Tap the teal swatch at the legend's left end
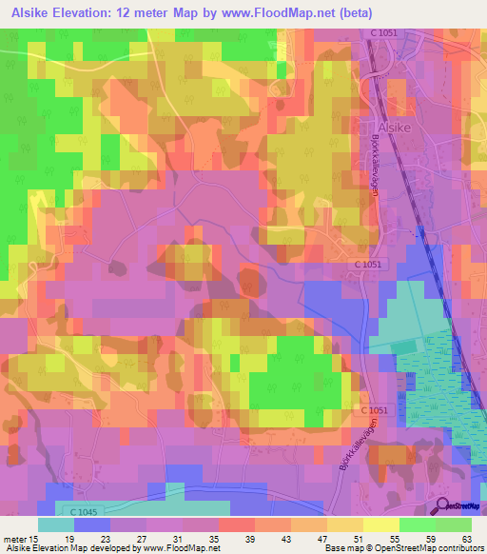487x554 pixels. pos(56,524)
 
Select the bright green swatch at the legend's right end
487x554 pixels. pos(453,524)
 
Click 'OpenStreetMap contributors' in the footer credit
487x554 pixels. pos(420,548)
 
